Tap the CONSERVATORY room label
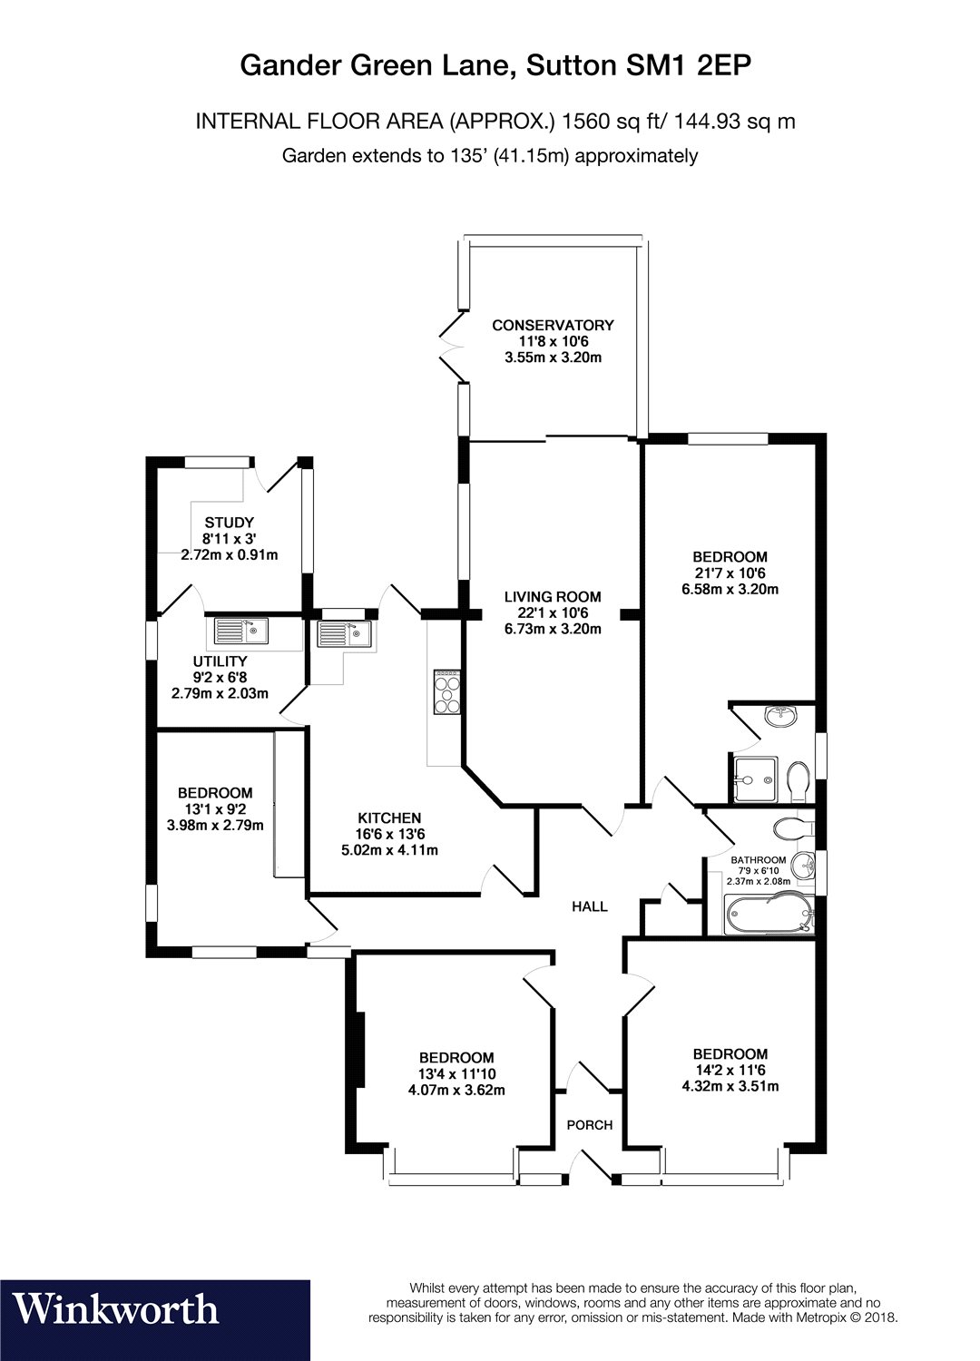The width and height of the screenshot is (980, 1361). (x=553, y=325)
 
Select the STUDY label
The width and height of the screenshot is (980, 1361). (x=229, y=522)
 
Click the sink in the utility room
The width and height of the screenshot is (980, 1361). (x=240, y=631)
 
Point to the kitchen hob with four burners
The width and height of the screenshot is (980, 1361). (x=446, y=691)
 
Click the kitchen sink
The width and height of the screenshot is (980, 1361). (x=344, y=633)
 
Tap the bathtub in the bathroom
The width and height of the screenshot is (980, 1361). (x=768, y=913)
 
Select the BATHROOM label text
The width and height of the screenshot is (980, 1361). (x=759, y=860)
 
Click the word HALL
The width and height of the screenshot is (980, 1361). (x=589, y=906)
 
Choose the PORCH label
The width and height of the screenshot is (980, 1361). (x=589, y=1125)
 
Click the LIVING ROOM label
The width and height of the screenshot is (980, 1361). (x=553, y=597)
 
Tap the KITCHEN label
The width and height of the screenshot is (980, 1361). (x=389, y=818)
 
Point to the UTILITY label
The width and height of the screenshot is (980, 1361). (x=220, y=661)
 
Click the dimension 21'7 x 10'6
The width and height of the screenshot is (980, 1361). (x=730, y=573)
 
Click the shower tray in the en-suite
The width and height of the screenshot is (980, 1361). (x=755, y=778)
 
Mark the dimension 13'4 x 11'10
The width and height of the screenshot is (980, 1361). (x=456, y=1073)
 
